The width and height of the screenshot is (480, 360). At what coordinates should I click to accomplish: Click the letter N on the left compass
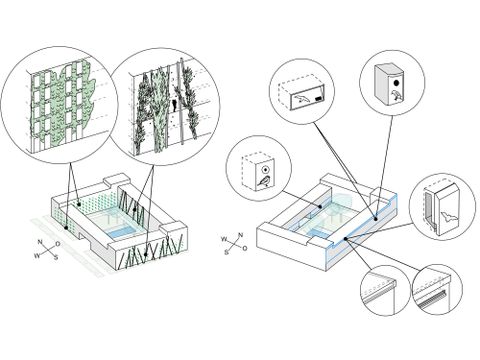40,242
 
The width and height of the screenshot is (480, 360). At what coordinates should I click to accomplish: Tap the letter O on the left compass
58,244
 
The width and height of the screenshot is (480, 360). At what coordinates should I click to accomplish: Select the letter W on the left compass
36,256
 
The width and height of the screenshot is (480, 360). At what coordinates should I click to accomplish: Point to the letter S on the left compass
56,257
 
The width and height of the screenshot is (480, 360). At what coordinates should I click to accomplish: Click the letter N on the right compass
240,235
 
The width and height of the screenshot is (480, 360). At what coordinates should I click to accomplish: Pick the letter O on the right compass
245,248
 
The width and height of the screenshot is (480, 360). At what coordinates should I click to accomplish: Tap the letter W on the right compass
224,239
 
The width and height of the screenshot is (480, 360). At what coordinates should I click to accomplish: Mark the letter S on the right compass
227,252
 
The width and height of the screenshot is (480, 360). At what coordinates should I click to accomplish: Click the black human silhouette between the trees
174,104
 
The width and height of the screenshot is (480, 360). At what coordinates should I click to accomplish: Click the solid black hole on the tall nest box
397,82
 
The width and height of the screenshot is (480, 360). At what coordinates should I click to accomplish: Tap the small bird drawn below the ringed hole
264,182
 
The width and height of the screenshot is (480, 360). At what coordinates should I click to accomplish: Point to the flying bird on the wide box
301,98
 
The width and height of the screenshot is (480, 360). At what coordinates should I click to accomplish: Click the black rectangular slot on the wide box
319,99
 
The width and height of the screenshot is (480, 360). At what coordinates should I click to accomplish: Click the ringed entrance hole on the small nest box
265,169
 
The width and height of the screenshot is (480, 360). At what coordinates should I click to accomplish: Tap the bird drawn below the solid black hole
397,95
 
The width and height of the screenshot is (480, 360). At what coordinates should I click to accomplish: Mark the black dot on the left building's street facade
66,228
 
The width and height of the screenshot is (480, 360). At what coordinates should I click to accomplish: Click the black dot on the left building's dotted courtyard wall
79,204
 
